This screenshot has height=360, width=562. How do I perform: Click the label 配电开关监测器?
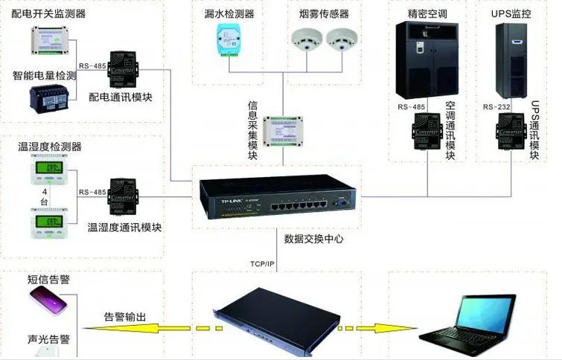pyautogui.click(x=49, y=13)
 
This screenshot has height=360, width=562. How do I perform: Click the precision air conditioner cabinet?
pyautogui.click(x=422, y=58)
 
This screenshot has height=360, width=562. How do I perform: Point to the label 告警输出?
pyautogui.click(x=124, y=316)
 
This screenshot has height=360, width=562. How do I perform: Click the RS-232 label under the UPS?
pyautogui.click(x=495, y=107)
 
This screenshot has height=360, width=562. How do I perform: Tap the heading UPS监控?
pyautogui.click(x=510, y=13)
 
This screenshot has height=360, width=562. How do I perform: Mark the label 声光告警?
pyautogui.click(x=49, y=339)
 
